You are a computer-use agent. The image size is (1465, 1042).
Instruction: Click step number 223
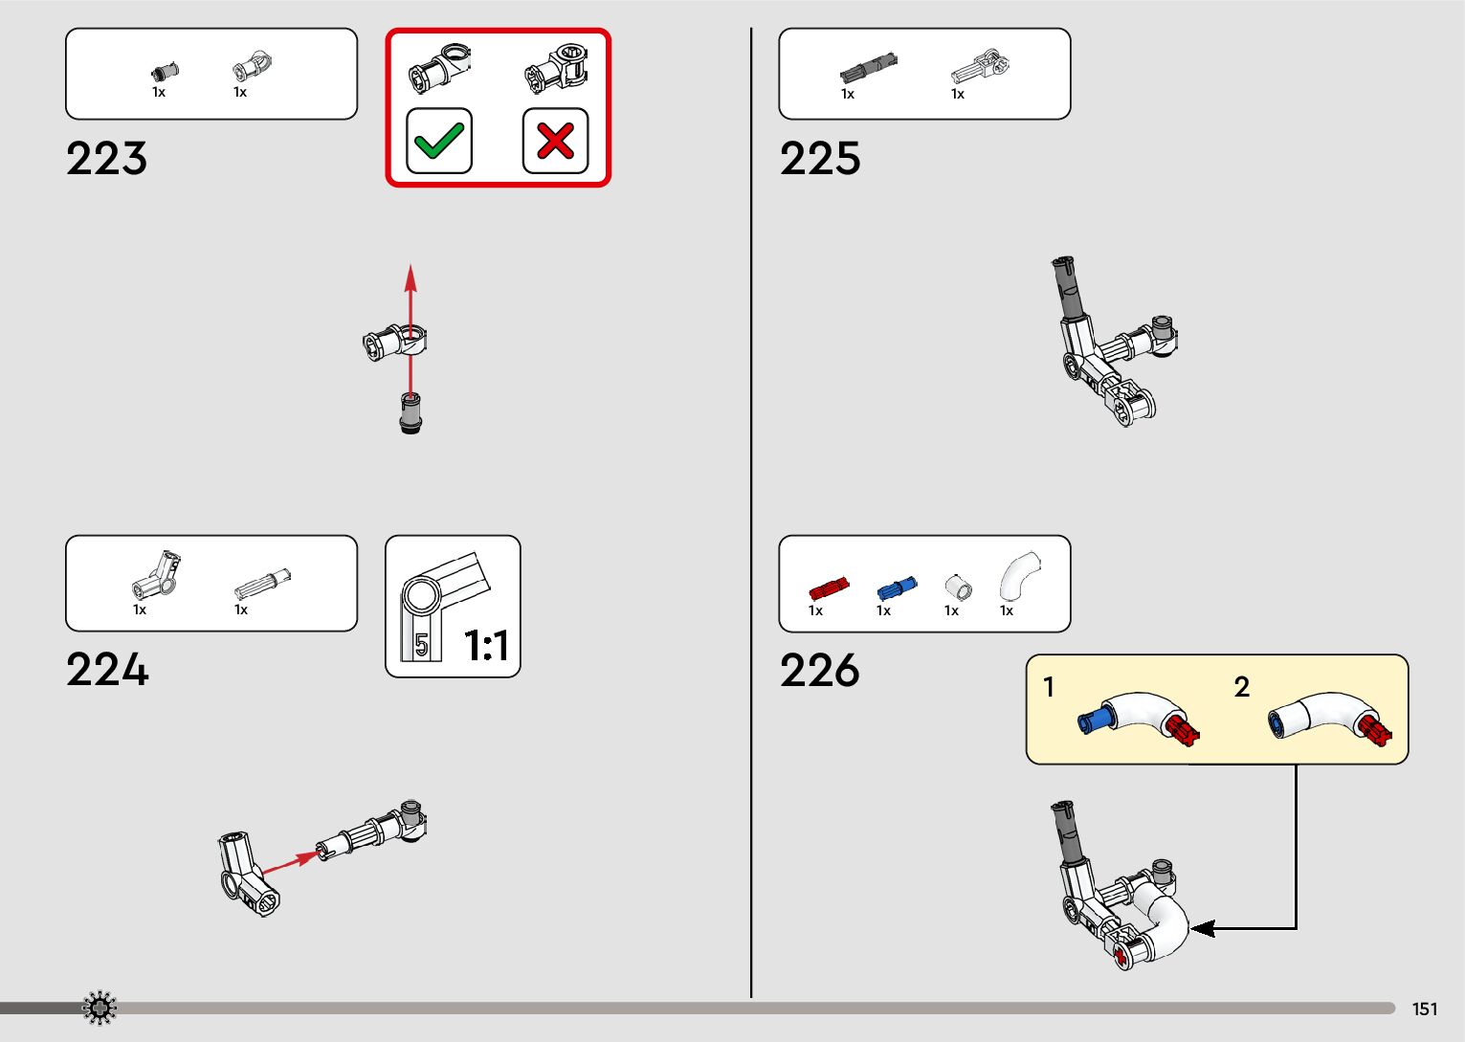click(x=106, y=159)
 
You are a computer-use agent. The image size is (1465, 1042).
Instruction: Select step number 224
click(x=107, y=670)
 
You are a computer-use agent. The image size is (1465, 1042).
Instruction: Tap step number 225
click(x=820, y=159)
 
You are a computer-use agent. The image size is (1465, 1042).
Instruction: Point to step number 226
click(x=820, y=670)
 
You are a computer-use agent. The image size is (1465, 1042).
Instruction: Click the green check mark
click(x=439, y=142)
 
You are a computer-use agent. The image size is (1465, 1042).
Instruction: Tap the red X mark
click(x=555, y=142)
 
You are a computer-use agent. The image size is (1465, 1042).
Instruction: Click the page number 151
click(x=1425, y=1009)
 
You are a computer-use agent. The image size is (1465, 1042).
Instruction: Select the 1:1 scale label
click(x=486, y=646)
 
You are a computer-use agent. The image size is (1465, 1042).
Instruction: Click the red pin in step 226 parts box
click(x=828, y=588)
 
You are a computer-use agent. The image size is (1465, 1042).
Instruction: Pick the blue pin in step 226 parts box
click(x=897, y=588)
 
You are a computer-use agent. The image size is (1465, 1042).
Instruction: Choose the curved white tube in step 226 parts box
click(x=1018, y=576)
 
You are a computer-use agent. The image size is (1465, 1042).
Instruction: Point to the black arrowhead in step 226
click(x=1202, y=928)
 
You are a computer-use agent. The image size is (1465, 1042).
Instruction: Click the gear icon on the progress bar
click(x=100, y=1008)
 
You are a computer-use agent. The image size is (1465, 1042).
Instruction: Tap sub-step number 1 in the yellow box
click(x=1049, y=687)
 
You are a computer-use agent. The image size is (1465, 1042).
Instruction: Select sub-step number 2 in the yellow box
click(x=1242, y=687)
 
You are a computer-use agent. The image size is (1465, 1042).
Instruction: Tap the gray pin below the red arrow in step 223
click(x=411, y=413)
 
